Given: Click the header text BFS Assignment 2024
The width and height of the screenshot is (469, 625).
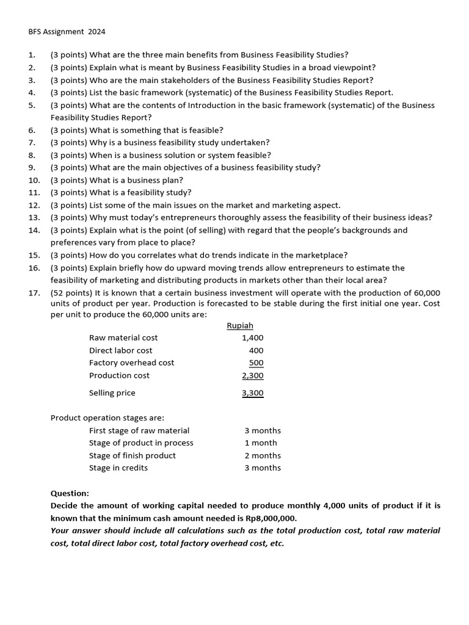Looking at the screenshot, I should coord(62,31).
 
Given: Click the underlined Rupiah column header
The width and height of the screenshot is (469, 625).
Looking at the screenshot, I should coord(240,325).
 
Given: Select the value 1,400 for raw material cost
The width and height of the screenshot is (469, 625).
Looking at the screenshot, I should coord(253,338).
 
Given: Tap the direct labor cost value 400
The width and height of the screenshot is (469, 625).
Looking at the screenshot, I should coord(256,350).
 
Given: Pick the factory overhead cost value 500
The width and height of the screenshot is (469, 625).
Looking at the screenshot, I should coord(256,363).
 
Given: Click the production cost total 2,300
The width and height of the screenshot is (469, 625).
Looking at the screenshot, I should coord(253,375).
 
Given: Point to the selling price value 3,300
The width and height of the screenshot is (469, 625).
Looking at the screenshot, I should coord(253,393).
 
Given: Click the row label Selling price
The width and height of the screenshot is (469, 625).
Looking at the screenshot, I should coord(112,393).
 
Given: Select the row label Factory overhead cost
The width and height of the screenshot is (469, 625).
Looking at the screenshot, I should coord(131,363).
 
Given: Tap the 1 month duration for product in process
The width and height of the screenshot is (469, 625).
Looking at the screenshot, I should coord(261,443).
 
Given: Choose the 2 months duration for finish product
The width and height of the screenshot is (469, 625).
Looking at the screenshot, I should coord(263,455).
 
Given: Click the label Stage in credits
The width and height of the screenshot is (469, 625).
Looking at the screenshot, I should coord(118,468).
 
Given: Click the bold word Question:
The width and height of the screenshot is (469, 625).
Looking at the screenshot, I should coord(70,493).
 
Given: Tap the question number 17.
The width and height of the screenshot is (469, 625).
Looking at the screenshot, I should coord(34,293).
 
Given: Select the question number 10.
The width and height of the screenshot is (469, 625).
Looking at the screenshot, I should coord(34,180).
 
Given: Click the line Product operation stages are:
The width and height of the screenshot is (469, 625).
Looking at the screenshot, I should coord(107,418).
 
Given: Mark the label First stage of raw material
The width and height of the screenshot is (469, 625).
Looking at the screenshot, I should coord(139,430).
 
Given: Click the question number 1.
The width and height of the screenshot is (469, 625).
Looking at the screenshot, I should coord(31,55).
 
